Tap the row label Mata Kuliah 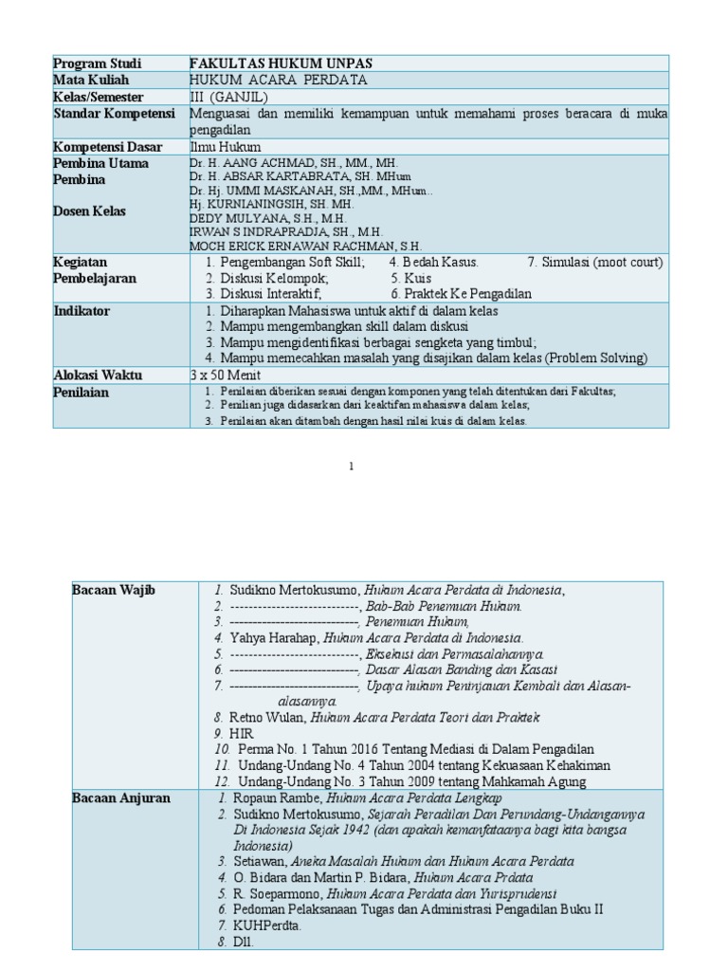point(92,80)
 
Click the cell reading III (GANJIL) point(229,97)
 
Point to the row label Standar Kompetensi point(116,114)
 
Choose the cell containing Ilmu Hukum point(225,147)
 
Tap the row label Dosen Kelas point(90,211)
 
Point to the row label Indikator point(82,311)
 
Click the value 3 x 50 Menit point(227,375)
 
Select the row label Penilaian point(82,392)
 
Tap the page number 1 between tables point(353,467)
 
